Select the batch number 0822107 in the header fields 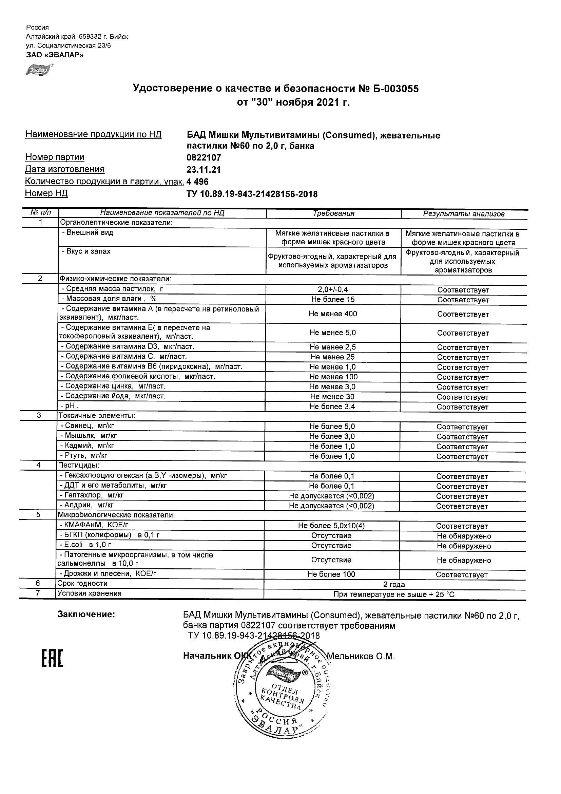(x=204, y=158)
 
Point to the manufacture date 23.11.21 (x=204, y=169)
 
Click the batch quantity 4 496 (x=197, y=182)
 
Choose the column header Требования (x=333, y=213)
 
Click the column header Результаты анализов (x=464, y=214)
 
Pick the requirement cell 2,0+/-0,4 (x=333, y=289)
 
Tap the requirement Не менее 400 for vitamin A (x=333, y=314)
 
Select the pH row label (x=70, y=406)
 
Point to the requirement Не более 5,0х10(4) (x=331, y=526)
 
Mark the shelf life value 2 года (x=394, y=584)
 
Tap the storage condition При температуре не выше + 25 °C (x=394, y=594)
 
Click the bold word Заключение (x=86, y=614)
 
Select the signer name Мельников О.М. (x=361, y=656)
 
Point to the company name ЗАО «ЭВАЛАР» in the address (x=55, y=55)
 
